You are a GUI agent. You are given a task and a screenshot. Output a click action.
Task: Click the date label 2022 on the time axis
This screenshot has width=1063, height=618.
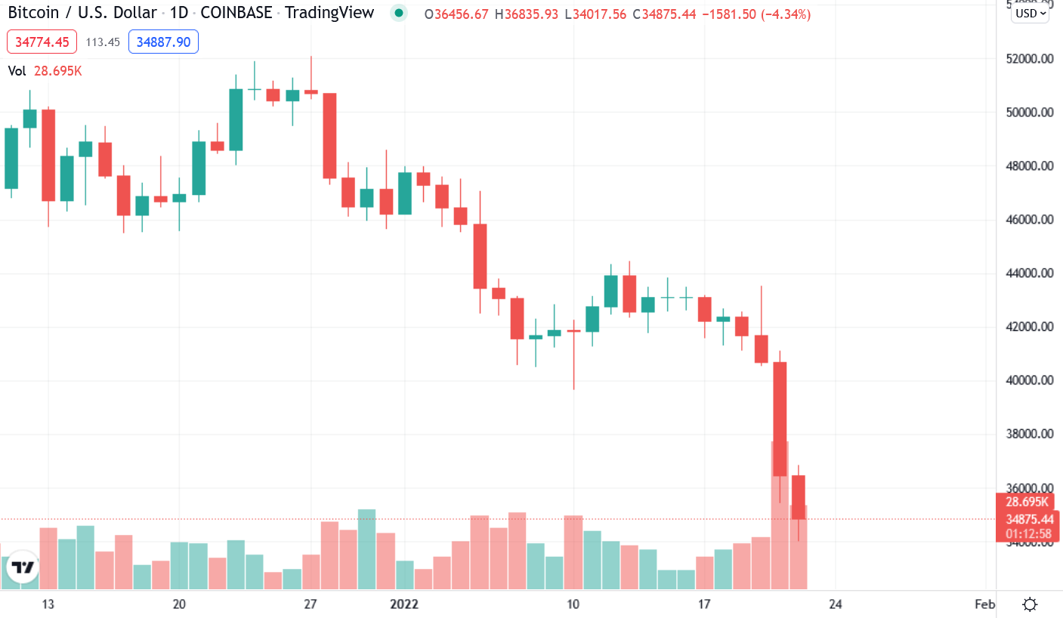click(x=404, y=604)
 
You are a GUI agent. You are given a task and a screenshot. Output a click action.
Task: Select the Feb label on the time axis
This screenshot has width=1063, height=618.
click(x=984, y=604)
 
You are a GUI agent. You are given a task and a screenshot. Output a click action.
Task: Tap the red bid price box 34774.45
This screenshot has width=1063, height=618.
click(x=42, y=42)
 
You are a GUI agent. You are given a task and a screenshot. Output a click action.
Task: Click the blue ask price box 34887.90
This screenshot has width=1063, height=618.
click(x=163, y=42)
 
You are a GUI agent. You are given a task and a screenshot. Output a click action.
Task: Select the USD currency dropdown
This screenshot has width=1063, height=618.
click(x=1031, y=13)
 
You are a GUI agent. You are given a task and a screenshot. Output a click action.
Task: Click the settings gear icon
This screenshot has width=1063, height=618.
click(x=1029, y=604)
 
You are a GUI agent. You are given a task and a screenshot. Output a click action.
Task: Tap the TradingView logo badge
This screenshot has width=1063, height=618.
click(x=22, y=568)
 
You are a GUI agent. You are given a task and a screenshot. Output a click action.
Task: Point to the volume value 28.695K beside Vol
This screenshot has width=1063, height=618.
click(x=58, y=71)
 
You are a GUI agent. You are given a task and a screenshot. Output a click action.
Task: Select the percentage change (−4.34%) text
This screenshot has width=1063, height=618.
click(x=780, y=14)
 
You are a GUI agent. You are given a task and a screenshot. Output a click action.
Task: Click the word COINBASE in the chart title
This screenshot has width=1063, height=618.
click(x=236, y=13)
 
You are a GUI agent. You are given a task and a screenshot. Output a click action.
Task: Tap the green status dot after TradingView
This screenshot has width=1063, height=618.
click(x=399, y=13)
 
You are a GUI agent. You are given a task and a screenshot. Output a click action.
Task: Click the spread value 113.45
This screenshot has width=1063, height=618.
click(x=103, y=42)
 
